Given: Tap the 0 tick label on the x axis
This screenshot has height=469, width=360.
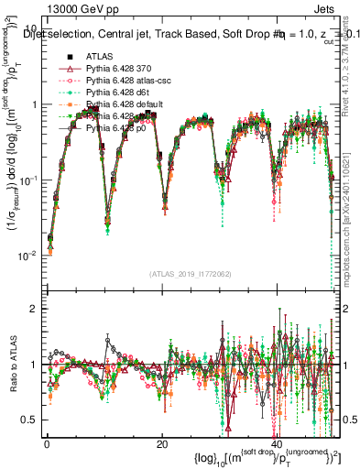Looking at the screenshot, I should (47, 444).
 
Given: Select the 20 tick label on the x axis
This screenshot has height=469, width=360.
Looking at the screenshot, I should (161, 444).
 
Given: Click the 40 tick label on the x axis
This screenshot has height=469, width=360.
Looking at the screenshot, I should (276, 444).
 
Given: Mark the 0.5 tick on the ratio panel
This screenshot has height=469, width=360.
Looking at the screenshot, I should (28, 420).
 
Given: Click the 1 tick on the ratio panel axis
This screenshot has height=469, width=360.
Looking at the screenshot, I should (33, 365).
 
